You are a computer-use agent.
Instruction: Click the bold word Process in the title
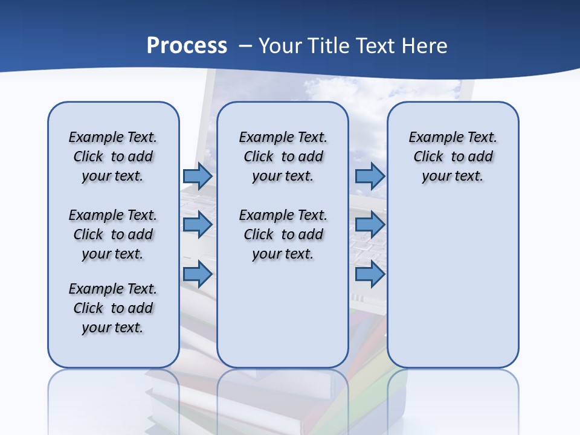[x=187, y=45]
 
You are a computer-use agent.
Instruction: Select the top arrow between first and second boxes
[x=197, y=176]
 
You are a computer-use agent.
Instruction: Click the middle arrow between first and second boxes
[x=197, y=225]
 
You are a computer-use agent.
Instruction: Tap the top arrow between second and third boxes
[x=370, y=176]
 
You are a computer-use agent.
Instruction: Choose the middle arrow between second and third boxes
[x=370, y=225]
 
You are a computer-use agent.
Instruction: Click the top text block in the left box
[x=113, y=156]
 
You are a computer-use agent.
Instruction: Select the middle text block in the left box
[x=113, y=234]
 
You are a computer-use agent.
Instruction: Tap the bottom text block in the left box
[x=113, y=308]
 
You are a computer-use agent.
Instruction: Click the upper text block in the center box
[x=283, y=156]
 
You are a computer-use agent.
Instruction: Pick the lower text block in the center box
[x=283, y=234]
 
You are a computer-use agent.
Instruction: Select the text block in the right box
[x=453, y=156]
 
